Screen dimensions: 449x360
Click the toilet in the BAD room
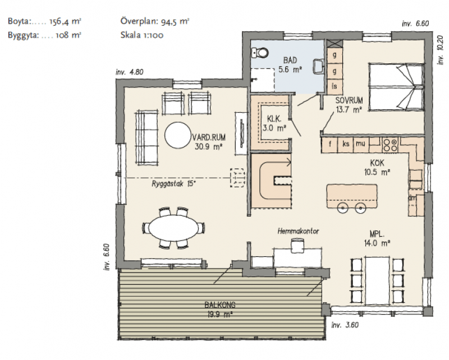coord(260,53)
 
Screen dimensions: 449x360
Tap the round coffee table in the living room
coord(178,135)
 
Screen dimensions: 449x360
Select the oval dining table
coord(173,228)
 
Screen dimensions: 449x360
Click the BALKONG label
coord(220,305)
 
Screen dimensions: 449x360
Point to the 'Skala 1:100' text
coord(142,35)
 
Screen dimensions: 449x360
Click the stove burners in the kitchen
coord(390,145)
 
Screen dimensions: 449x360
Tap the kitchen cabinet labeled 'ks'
coord(346,145)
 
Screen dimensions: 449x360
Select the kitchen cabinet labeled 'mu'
coord(361,145)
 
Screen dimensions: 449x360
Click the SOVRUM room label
coord(349,100)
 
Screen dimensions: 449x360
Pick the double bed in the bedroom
coord(396,87)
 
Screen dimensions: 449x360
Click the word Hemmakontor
coord(298,231)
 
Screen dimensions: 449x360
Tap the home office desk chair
coord(297,246)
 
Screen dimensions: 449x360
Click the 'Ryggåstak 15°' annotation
coord(174,184)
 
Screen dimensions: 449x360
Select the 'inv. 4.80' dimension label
coord(130,72)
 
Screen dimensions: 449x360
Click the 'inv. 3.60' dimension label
coord(345,325)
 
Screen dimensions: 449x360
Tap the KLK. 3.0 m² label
coord(274,123)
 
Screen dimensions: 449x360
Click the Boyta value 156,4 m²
coord(65,21)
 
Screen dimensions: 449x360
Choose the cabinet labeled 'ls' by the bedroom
coord(334,86)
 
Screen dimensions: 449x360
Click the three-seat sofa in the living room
coord(146,138)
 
